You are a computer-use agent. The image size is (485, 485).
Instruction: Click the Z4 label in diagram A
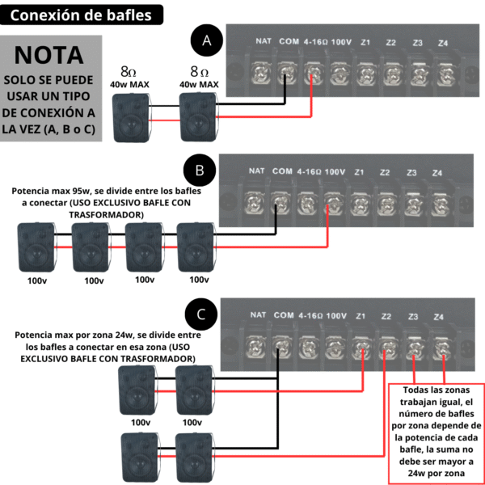coord(443,42)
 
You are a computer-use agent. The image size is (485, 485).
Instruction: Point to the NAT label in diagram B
coord(257,171)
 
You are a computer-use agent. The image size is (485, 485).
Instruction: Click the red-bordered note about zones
coord(437,433)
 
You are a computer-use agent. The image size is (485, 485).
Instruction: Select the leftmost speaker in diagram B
coord(36,247)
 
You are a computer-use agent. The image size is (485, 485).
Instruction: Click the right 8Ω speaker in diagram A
coord(199,116)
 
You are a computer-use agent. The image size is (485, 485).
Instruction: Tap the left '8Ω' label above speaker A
coord(129,71)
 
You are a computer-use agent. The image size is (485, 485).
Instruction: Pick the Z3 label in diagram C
coord(413,315)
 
